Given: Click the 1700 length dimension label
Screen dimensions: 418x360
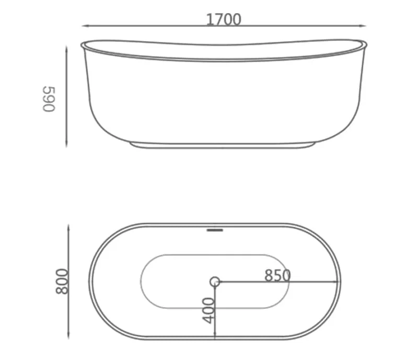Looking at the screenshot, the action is (224, 19).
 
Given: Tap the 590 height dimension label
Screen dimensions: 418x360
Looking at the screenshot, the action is (49, 99).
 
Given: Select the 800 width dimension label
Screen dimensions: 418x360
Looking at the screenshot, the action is (62, 281).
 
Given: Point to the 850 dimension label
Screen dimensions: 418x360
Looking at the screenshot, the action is (277, 275).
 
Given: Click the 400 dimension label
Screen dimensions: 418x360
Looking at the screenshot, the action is (208, 310).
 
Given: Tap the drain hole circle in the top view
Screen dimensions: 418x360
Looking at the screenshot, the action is (215, 282).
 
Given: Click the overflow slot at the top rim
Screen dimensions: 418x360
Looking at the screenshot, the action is (215, 230).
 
